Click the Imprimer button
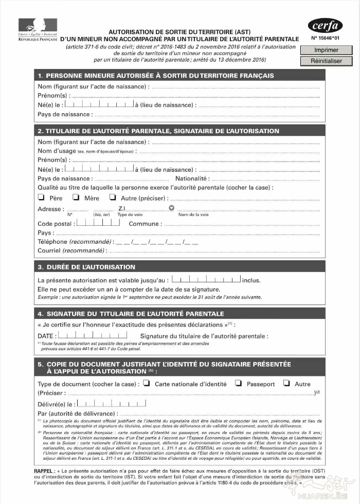(327, 50)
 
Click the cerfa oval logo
(325, 26)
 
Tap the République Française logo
(38, 30)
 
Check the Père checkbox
(41, 197)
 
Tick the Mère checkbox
(76, 197)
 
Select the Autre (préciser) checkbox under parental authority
(113, 197)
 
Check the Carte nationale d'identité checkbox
(147, 383)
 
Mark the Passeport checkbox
(238, 383)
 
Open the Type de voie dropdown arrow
(172, 208)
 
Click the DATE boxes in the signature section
(93, 335)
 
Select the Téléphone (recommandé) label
(75, 241)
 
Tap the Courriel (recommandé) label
(71, 250)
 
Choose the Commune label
(145, 224)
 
